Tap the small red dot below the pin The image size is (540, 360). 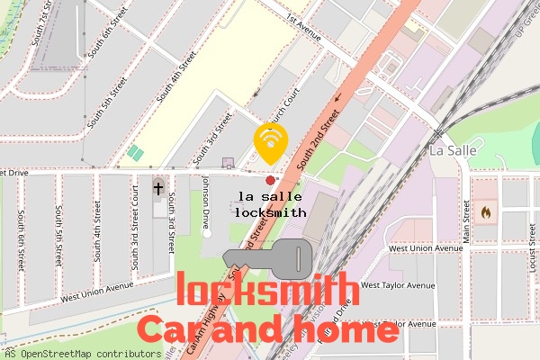tap(270, 181)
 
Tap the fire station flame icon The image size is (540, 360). tap(486, 213)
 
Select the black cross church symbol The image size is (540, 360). tap(159, 188)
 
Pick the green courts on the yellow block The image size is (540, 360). tap(135, 153)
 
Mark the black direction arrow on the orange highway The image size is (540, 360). tap(338, 97)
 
